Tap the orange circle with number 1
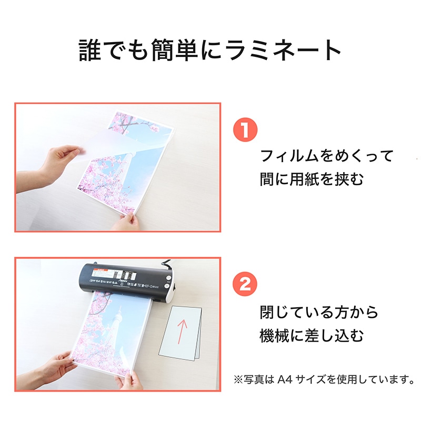(x=245, y=131)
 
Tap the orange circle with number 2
(x=245, y=285)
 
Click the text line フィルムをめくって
(x=327, y=156)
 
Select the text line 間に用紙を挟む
(x=312, y=179)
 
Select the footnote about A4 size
(x=323, y=378)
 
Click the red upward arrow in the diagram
(x=182, y=332)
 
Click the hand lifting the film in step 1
(x=58, y=161)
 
